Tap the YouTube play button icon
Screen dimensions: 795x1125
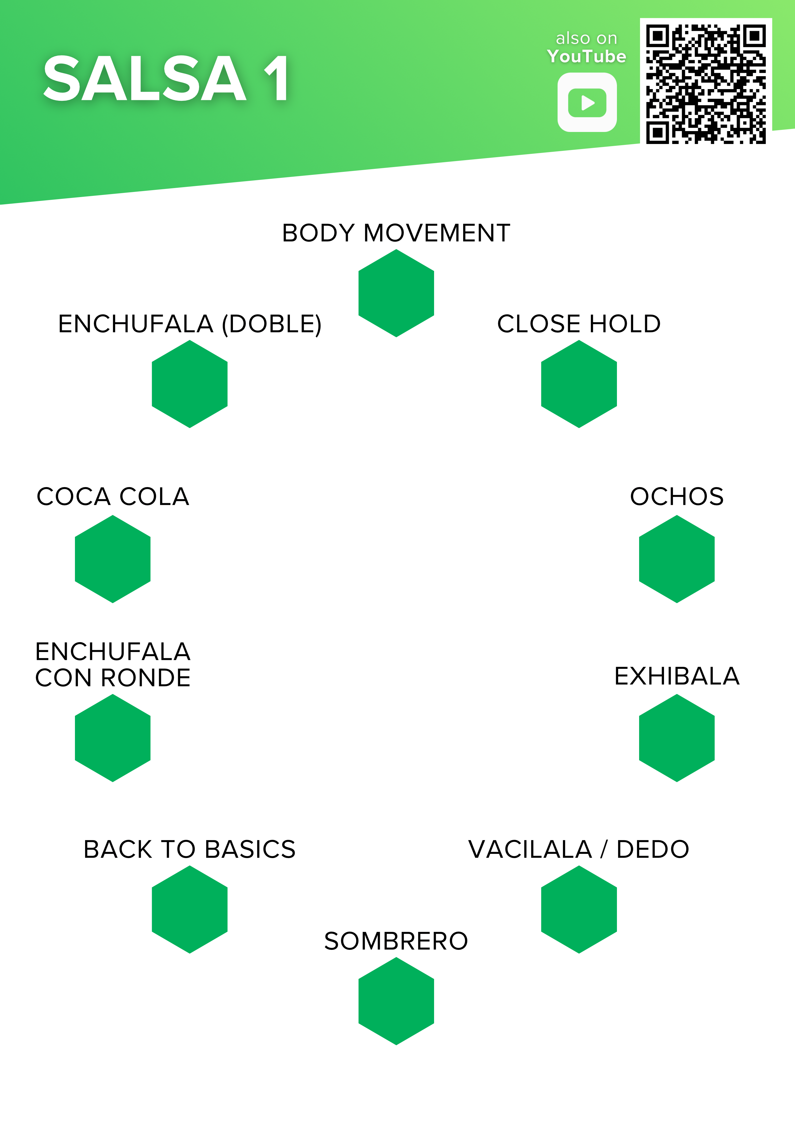click(587, 102)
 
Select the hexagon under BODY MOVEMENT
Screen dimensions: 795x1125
click(396, 293)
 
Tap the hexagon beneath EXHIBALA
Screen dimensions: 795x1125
click(677, 738)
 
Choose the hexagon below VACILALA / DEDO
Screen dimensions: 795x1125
click(579, 909)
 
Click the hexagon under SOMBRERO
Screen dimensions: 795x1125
click(396, 1001)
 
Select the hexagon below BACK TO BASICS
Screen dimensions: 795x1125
click(189, 909)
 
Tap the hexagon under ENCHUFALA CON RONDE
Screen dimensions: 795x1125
click(113, 738)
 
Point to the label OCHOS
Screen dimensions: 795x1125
click(677, 496)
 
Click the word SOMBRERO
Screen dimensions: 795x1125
click(396, 941)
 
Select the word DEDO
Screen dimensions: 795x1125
click(653, 849)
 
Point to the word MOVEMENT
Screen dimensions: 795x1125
click(437, 233)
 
